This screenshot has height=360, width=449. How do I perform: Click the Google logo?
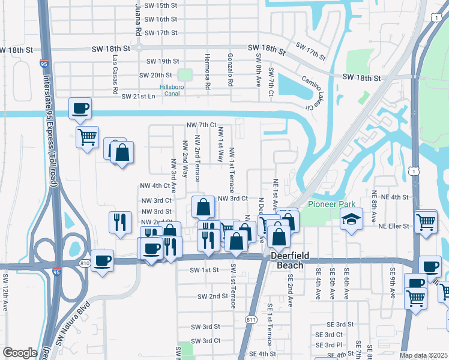click(20, 353)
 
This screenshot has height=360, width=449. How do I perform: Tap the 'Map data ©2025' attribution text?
click(423, 355)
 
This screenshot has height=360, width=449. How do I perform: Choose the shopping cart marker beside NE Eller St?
click(426, 221)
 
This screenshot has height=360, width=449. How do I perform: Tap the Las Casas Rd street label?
click(114, 75)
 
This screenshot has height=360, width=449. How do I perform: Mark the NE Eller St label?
click(393, 226)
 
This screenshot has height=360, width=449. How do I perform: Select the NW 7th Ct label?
click(201, 125)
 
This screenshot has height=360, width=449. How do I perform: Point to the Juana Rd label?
click(138, 19)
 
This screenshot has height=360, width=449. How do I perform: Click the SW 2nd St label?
click(209, 296)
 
